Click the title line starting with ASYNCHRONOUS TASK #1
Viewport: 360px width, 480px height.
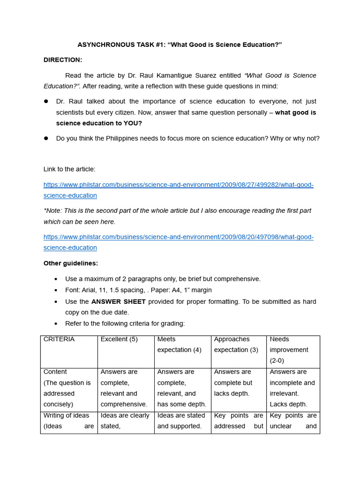[180, 45]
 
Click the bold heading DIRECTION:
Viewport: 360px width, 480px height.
[63, 60]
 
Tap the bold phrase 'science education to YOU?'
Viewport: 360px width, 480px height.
[99, 123]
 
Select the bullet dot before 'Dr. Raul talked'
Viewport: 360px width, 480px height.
[46, 102]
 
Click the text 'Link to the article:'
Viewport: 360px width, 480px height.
[69, 169]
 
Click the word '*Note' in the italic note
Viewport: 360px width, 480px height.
[52, 210]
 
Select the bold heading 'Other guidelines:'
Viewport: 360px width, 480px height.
[71, 263]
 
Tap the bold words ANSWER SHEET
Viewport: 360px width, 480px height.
[119, 301]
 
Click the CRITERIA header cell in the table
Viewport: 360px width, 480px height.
[59, 339]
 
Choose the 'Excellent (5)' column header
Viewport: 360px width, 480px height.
[119, 339]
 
